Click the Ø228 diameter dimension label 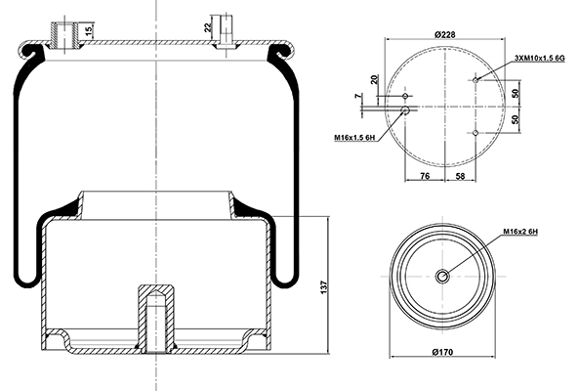coord(445,35)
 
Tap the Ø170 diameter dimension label coord(442,352)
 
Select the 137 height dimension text coord(323,287)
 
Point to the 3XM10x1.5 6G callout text coord(540,58)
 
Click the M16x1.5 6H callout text coord(354,138)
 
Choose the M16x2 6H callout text coord(520,232)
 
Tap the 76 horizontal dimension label coord(425,176)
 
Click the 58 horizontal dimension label coord(461,176)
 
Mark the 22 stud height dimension coord(208,27)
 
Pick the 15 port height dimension coord(89,31)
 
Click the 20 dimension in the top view coord(375,79)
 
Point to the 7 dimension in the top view coord(358,96)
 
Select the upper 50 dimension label coord(516,92)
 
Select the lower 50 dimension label coord(516,119)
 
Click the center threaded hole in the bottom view coord(442,276)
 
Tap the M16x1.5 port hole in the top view coord(405,110)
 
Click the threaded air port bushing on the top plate coord(64,35)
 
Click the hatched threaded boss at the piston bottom coord(156,319)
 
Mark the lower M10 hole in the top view coord(475,133)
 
